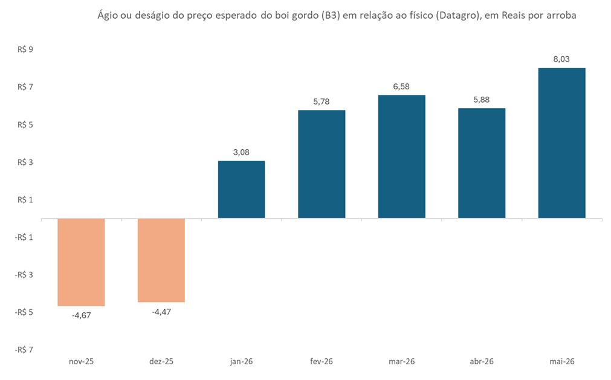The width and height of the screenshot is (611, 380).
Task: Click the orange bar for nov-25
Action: point(81,262)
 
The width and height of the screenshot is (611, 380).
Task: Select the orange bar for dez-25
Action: point(161,260)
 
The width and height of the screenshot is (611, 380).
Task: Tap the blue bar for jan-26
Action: point(241,189)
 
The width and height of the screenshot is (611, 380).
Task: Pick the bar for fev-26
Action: point(322,164)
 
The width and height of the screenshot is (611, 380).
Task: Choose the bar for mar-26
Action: point(401,156)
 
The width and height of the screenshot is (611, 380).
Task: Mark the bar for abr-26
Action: point(482,163)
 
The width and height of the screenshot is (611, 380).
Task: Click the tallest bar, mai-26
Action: point(561,143)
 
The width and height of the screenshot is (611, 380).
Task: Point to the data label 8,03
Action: point(561,59)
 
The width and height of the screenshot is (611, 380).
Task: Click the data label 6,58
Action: point(401,86)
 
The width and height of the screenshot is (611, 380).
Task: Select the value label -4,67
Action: point(81,315)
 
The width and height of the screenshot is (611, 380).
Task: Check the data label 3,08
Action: point(241,152)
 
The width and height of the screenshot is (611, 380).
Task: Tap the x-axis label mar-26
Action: point(401,361)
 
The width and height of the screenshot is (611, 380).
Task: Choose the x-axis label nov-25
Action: point(81,361)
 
